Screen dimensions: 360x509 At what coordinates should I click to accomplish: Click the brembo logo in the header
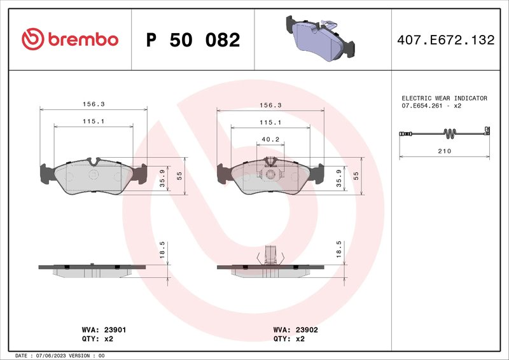(x=70, y=39)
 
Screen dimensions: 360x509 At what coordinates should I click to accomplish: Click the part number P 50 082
(x=193, y=40)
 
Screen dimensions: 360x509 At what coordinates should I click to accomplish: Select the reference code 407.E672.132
(x=445, y=40)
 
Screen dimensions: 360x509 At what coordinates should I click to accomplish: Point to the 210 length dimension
(x=444, y=151)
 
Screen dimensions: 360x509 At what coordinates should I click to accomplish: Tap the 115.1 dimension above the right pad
(x=270, y=121)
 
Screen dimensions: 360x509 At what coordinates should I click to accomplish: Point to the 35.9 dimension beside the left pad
(x=162, y=180)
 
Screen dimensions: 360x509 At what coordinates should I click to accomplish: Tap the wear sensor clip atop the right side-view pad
(x=270, y=254)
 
